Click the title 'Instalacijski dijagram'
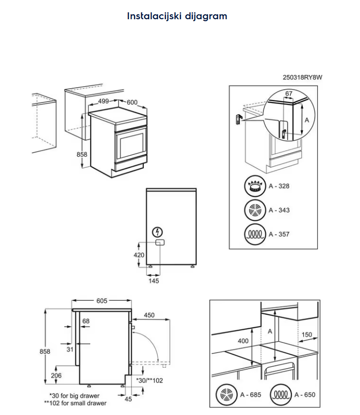coord(177,16)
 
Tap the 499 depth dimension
coord(103,101)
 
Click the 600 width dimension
coord(132,103)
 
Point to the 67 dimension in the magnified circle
coord(289,94)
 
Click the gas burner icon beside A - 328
coord(255,186)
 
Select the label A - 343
coord(279,210)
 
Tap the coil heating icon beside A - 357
coord(255,234)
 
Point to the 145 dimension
coord(154,281)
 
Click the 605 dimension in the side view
coord(101,300)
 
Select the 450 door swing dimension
coord(149,315)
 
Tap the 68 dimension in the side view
coord(86,321)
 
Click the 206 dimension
coord(56,376)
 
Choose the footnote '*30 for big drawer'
coord(74,396)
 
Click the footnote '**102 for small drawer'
coord(74,403)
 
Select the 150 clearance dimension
coord(306,335)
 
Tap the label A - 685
coord(250,395)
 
